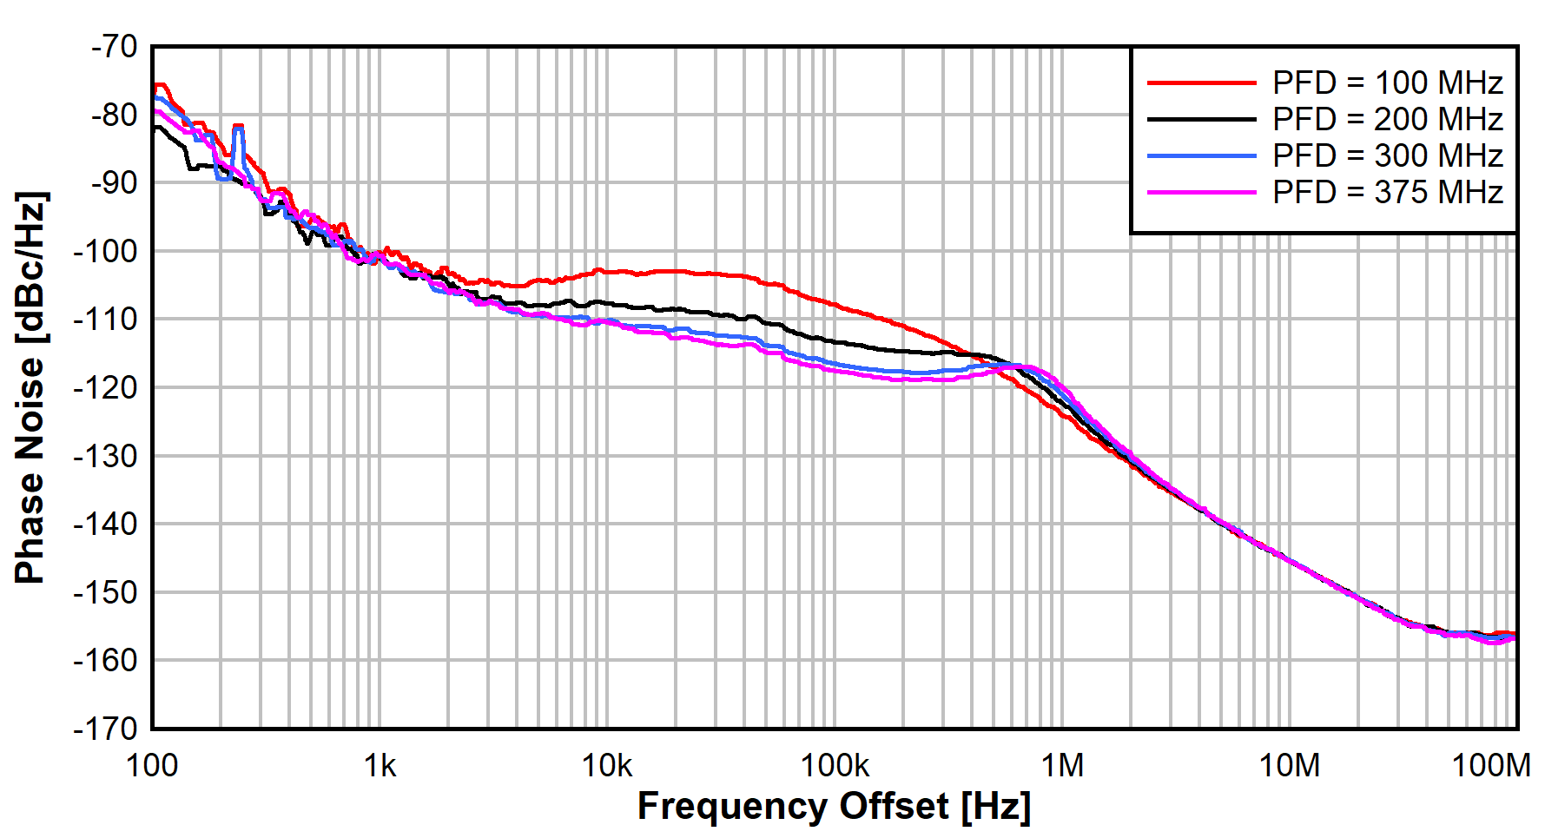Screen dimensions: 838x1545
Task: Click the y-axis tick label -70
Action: point(114,46)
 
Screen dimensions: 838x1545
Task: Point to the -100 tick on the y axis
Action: point(106,251)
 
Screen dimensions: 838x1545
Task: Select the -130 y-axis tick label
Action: point(106,456)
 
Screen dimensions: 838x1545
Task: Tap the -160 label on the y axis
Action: point(106,661)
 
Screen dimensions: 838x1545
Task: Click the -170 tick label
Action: point(106,728)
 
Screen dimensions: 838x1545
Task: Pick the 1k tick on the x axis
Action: point(380,766)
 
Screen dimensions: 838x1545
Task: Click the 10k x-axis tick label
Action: point(607,766)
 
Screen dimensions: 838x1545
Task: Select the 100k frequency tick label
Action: point(835,766)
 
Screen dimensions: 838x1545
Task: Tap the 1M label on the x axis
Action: point(1062,766)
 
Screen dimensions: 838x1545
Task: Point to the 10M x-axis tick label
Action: point(1290,766)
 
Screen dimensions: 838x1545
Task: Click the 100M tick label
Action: point(1491,766)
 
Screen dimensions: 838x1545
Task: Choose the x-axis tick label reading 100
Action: point(152,766)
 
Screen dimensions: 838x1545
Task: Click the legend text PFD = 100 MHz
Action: point(1387,83)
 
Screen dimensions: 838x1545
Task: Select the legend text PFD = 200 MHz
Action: point(1387,120)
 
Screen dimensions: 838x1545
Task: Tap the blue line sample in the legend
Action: point(1201,156)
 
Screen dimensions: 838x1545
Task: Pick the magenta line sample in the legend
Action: point(1201,192)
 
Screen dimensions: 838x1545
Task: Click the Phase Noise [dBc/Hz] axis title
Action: point(30,387)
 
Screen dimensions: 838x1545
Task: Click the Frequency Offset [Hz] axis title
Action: point(834,807)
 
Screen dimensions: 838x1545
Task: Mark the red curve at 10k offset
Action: point(607,271)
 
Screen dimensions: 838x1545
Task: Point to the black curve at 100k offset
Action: point(835,340)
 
